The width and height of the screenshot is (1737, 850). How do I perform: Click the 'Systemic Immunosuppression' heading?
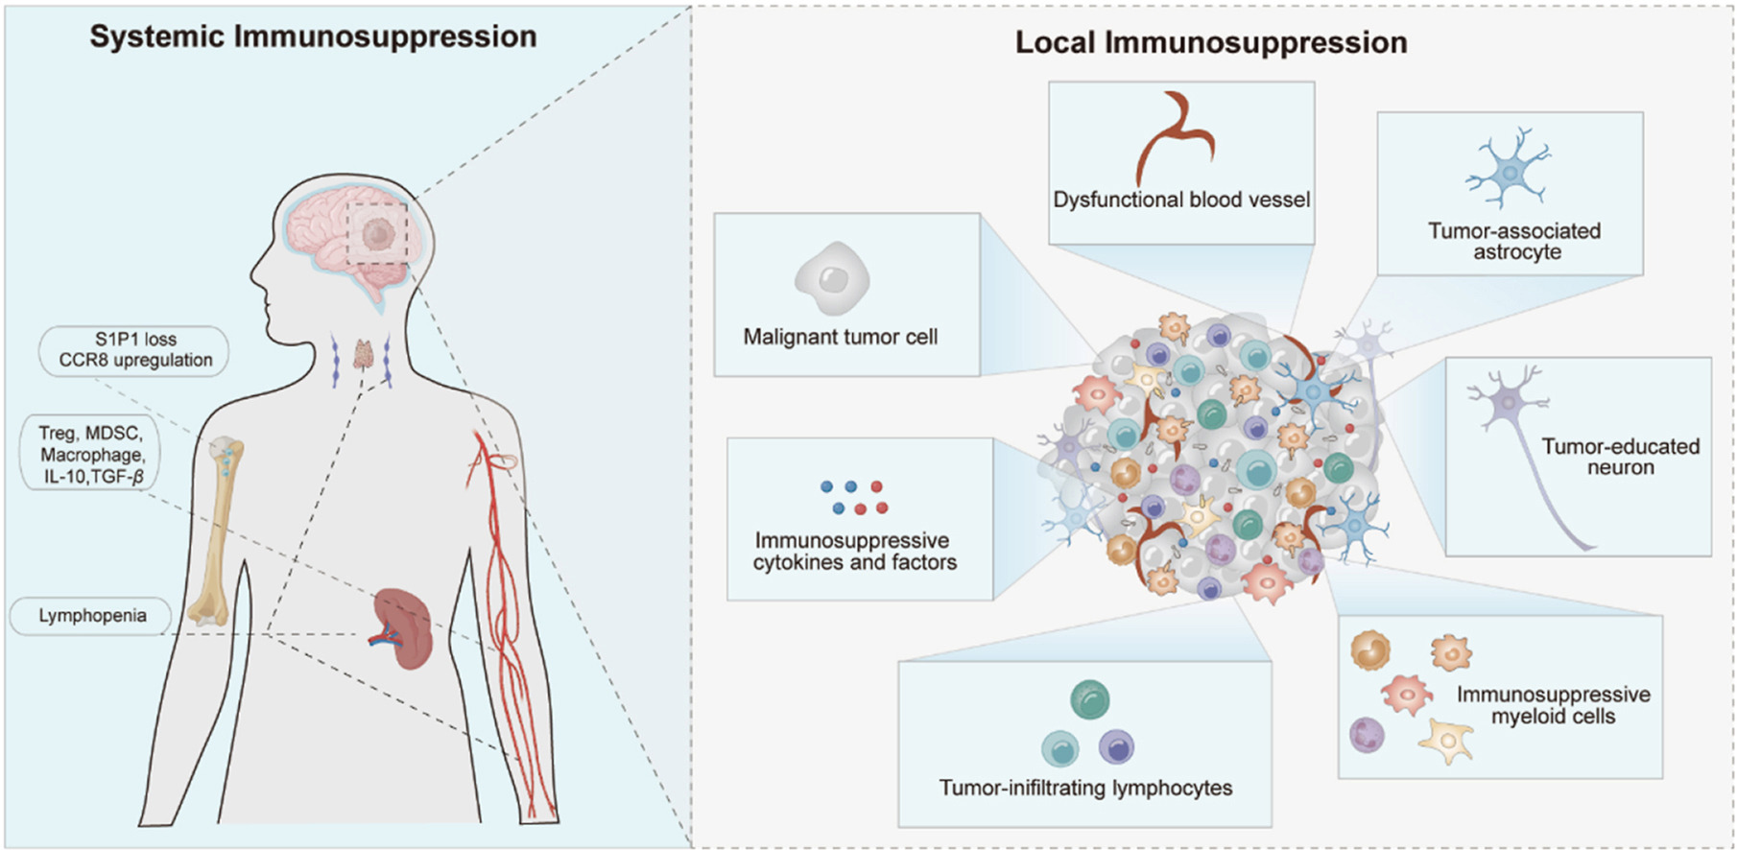pyautogui.click(x=313, y=36)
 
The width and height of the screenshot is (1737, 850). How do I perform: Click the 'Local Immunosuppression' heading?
pyautogui.click(x=1211, y=42)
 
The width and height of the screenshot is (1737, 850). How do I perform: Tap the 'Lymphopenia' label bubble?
pyautogui.click(x=92, y=616)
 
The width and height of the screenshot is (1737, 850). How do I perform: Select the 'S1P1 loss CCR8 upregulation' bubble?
pyautogui.click(x=135, y=350)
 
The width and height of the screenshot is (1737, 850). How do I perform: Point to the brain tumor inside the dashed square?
pyautogui.click(x=377, y=233)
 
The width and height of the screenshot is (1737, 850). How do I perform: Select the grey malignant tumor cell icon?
pyautogui.click(x=832, y=279)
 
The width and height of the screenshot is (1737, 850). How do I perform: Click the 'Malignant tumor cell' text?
pyautogui.click(x=841, y=337)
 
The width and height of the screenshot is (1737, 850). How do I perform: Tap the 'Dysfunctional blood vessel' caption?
pyautogui.click(x=1181, y=200)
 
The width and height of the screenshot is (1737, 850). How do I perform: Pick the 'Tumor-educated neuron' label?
pyautogui.click(x=1620, y=457)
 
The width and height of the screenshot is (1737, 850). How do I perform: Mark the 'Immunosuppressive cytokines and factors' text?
pyautogui.click(x=854, y=552)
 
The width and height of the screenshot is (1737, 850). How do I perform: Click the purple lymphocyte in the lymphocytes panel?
pyautogui.click(x=1116, y=745)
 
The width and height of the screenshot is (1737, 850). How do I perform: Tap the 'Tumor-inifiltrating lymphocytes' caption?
pyautogui.click(x=1085, y=788)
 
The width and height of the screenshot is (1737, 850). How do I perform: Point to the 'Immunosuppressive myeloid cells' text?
pyautogui.click(x=1553, y=705)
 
